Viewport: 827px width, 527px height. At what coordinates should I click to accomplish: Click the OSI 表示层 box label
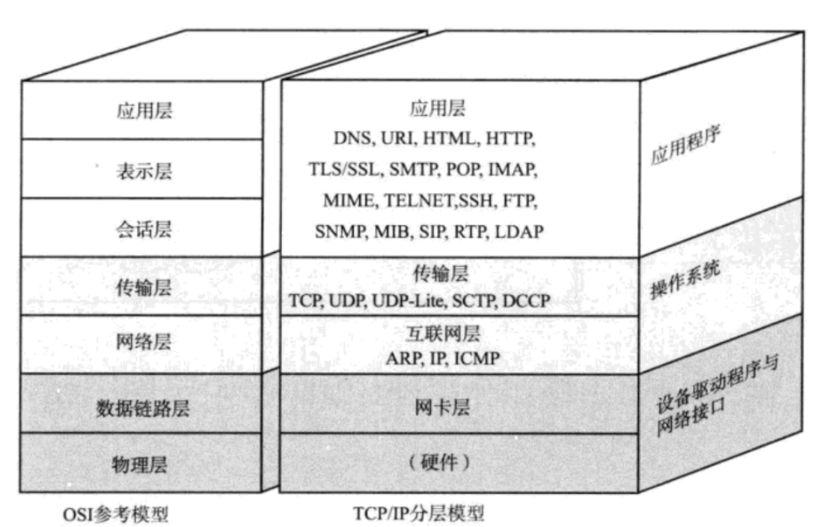143,171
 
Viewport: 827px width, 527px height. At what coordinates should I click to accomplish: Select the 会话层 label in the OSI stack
143,229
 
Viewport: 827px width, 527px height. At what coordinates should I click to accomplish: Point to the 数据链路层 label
143,408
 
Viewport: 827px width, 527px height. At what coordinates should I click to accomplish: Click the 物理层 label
143,466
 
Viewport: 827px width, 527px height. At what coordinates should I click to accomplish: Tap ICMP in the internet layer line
478,359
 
